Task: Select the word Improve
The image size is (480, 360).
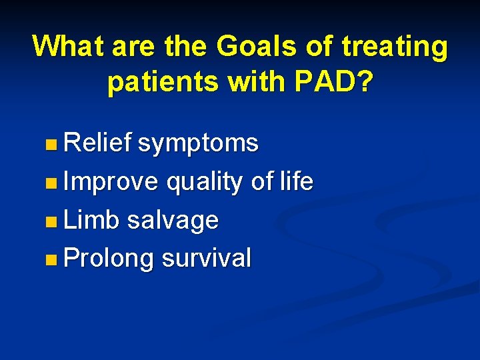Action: point(111,182)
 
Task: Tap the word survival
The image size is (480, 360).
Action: point(206,258)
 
